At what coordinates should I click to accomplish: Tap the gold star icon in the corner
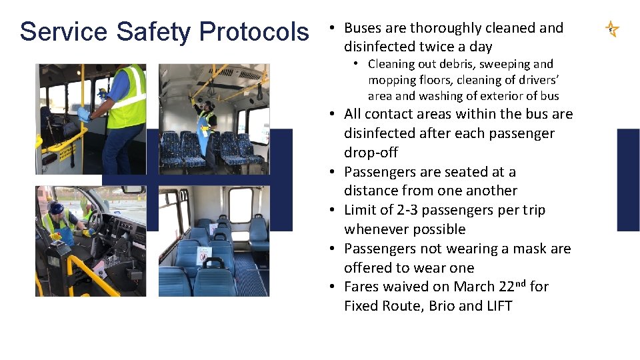pyautogui.click(x=612, y=29)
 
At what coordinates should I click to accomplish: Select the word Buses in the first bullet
pyautogui.click(x=361, y=28)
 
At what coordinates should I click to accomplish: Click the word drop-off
pyautogui.click(x=371, y=153)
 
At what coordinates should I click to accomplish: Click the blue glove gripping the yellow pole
pyautogui.click(x=83, y=114)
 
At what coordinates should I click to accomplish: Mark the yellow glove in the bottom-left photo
pyautogui.click(x=56, y=236)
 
